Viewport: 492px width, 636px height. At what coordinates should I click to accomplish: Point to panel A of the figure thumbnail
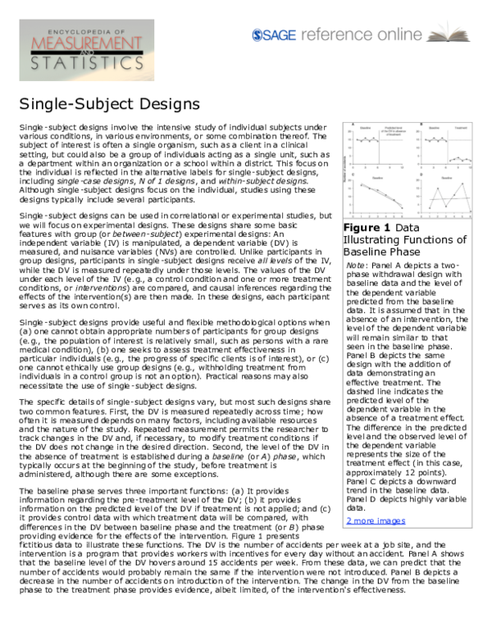(375, 148)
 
